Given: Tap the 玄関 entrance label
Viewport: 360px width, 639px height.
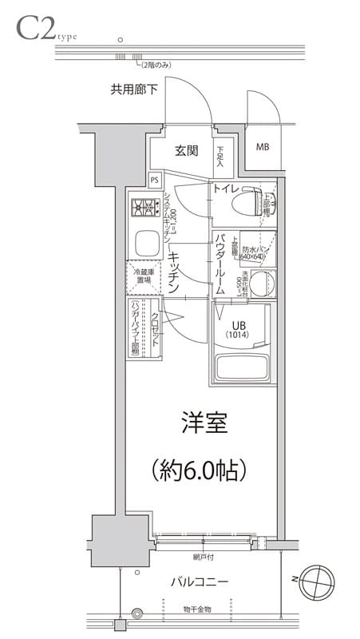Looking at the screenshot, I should (x=187, y=151).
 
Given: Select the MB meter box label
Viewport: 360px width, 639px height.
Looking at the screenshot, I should (x=263, y=147).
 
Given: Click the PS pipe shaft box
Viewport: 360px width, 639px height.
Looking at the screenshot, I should (x=155, y=181).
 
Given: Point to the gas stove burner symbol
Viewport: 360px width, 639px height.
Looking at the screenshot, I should (x=144, y=208).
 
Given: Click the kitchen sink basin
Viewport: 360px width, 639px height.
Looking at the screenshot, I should (x=144, y=243).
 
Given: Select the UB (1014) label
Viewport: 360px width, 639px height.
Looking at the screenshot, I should (x=239, y=329).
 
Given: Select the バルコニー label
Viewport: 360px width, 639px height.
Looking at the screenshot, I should (x=200, y=581).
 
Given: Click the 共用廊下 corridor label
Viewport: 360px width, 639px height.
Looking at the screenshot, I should (x=133, y=89).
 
